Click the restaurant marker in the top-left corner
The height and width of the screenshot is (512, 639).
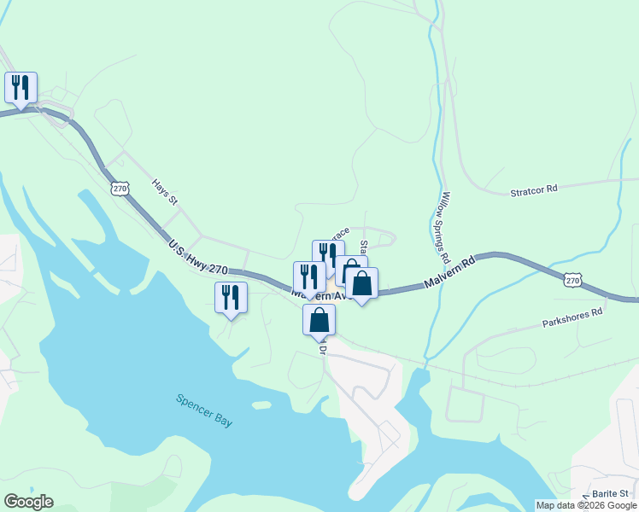click(x=21, y=88)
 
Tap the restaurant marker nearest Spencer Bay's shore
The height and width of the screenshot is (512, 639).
click(x=231, y=298)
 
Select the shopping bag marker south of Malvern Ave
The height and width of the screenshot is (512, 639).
click(x=319, y=321)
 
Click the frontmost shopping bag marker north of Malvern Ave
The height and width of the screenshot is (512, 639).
click(x=362, y=284)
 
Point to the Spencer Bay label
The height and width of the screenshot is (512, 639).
click(x=204, y=410)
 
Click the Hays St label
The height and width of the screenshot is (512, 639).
click(x=164, y=192)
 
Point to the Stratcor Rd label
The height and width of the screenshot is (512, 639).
click(x=534, y=188)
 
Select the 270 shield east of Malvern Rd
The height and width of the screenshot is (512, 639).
click(x=572, y=279)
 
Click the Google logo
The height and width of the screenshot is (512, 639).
click(x=28, y=502)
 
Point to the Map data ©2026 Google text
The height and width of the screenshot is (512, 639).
click(x=586, y=505)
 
